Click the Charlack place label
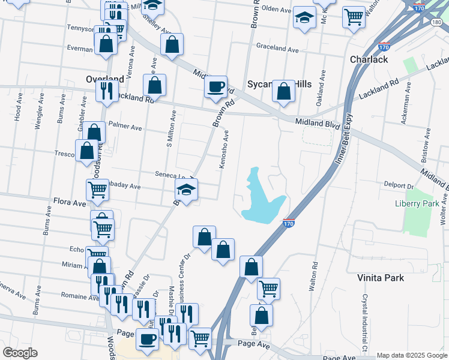pos(369,59)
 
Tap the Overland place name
pos(104,79)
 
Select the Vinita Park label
pos(381,278)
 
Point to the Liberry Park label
pos(417,203)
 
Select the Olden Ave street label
pos(276,9)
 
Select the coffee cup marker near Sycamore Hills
pos(215,86)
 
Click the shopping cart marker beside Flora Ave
pos(97,190)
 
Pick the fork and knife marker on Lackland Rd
pos(107,91)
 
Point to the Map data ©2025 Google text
pos(411,355)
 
